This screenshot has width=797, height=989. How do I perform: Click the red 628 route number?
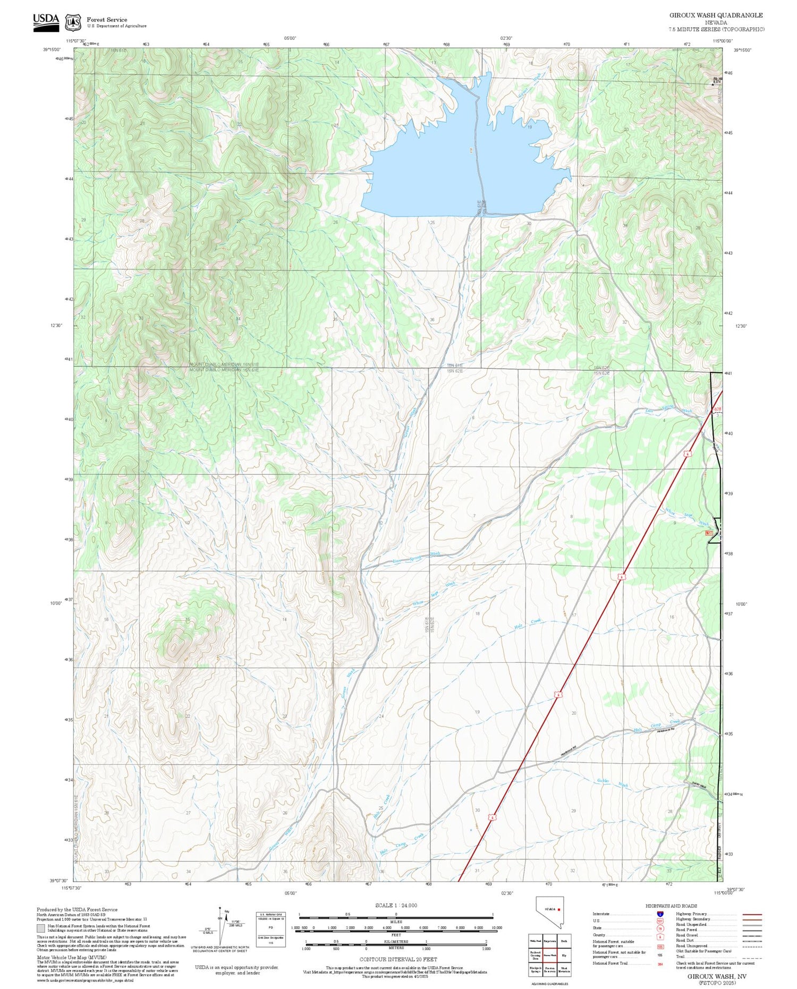click(718, 409)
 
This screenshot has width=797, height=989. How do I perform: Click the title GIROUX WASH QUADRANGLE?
click(716, 15)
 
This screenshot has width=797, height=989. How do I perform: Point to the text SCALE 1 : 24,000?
click(396, 906)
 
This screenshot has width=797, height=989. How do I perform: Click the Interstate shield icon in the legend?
click(660, 914)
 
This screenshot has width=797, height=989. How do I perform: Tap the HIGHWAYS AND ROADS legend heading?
click(671, 906)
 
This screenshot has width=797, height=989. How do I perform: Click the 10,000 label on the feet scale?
click(497, 927)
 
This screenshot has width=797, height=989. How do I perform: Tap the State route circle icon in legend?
click(660, 928)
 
